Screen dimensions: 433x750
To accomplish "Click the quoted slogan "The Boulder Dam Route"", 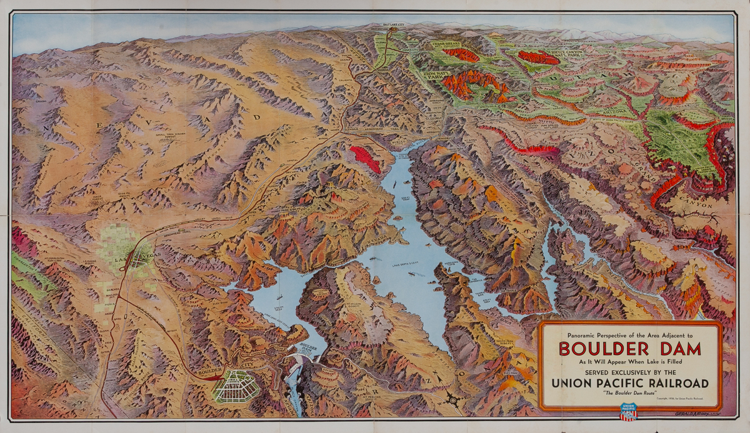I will [629, 394].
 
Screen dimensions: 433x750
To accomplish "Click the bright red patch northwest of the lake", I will [365, 159].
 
